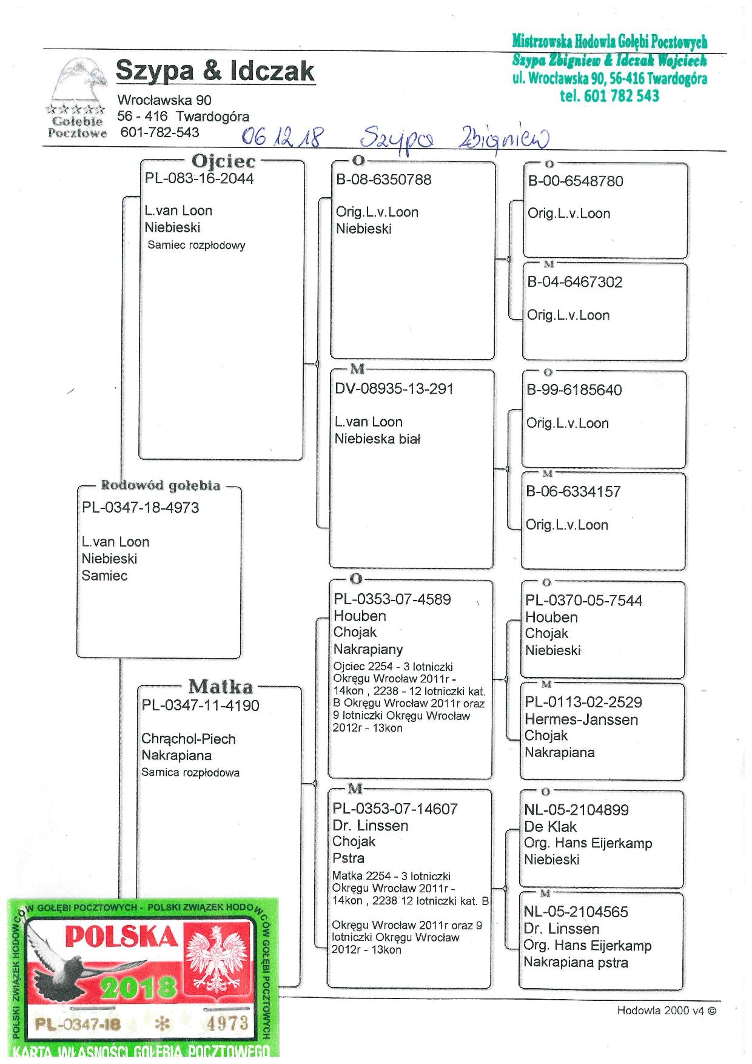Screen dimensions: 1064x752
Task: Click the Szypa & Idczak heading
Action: (x=215, y=71)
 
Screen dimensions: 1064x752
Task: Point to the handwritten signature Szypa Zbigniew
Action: (x=454, y=139)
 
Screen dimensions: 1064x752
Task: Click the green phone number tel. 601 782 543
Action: (x=609, y=96)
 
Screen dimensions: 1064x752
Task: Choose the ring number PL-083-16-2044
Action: (x=199, y=178)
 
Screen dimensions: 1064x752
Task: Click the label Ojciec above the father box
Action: (x=223, y=161)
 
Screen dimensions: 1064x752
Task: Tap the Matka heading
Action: (x=220, y=687)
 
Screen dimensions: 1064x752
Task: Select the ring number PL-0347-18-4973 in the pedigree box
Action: (x=140, y=507)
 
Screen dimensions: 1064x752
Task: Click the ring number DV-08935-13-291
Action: (x=394, y=389)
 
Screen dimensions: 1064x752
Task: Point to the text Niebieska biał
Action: (x=377, y=439)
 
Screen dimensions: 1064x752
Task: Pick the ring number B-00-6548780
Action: (x=575, y=181)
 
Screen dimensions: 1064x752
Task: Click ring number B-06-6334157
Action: (x=573, y=491)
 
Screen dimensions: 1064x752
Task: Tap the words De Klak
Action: (x=550, y=826)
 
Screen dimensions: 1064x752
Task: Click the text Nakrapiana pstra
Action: (x=576, y=962)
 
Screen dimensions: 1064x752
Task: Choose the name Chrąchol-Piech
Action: (x=188, y=739)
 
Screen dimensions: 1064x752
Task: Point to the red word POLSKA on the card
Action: (x=121, y=937)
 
